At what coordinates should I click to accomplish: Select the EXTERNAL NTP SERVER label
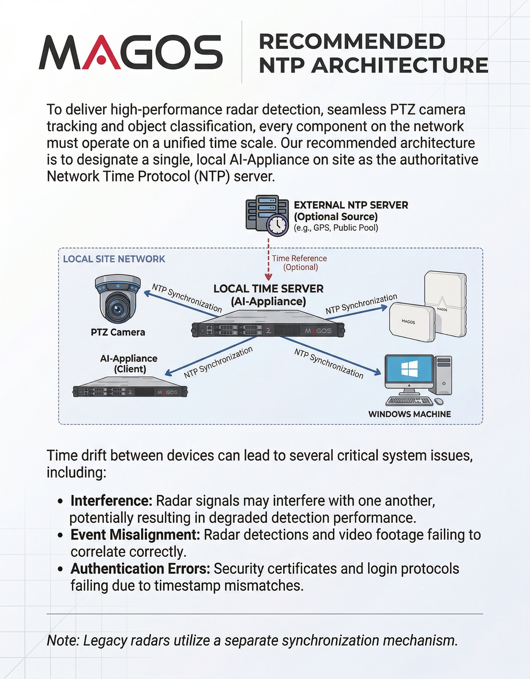click(351, 205)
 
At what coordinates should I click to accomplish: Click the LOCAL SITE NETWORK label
click(114, 259)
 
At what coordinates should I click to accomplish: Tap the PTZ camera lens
click(118, 309)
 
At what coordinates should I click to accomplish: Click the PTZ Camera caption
click(118, 332)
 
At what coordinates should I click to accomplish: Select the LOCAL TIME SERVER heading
click(268, 289)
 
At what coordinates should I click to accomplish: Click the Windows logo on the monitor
click(409, 369)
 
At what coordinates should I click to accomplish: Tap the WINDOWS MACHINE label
click(409, 414)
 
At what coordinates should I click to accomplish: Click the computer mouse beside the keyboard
click(438, 401)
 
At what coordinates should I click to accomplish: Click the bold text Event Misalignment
click(135, 535)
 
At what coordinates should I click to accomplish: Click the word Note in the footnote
click(63, 640)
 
